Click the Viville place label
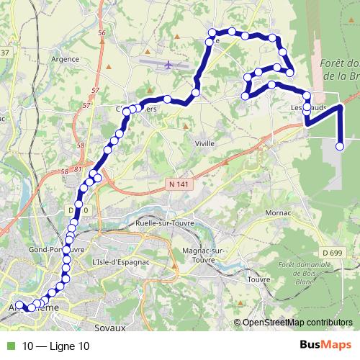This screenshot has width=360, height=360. [205, 143]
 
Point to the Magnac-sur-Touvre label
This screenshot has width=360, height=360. [204, 253]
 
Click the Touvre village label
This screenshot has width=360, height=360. [258, 278]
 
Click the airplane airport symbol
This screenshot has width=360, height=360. [168, 66]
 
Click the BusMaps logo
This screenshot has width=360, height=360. [325, 346]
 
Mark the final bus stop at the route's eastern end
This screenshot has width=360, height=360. [340, 148]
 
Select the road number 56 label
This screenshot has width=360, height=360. [101, 34]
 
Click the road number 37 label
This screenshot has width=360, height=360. [5, 53]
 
